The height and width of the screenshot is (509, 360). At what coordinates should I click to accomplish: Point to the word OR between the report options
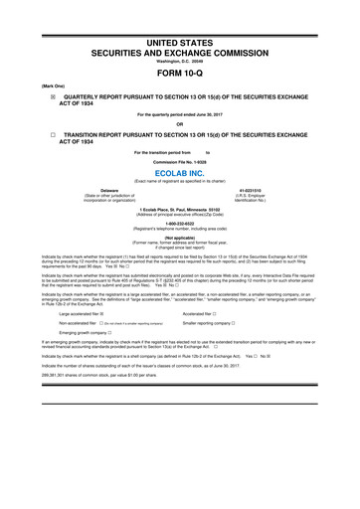pyautogui.click(x=180, y=123)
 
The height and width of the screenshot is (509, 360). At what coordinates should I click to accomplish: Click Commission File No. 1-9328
pyautogui.click(x=180, y=158)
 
